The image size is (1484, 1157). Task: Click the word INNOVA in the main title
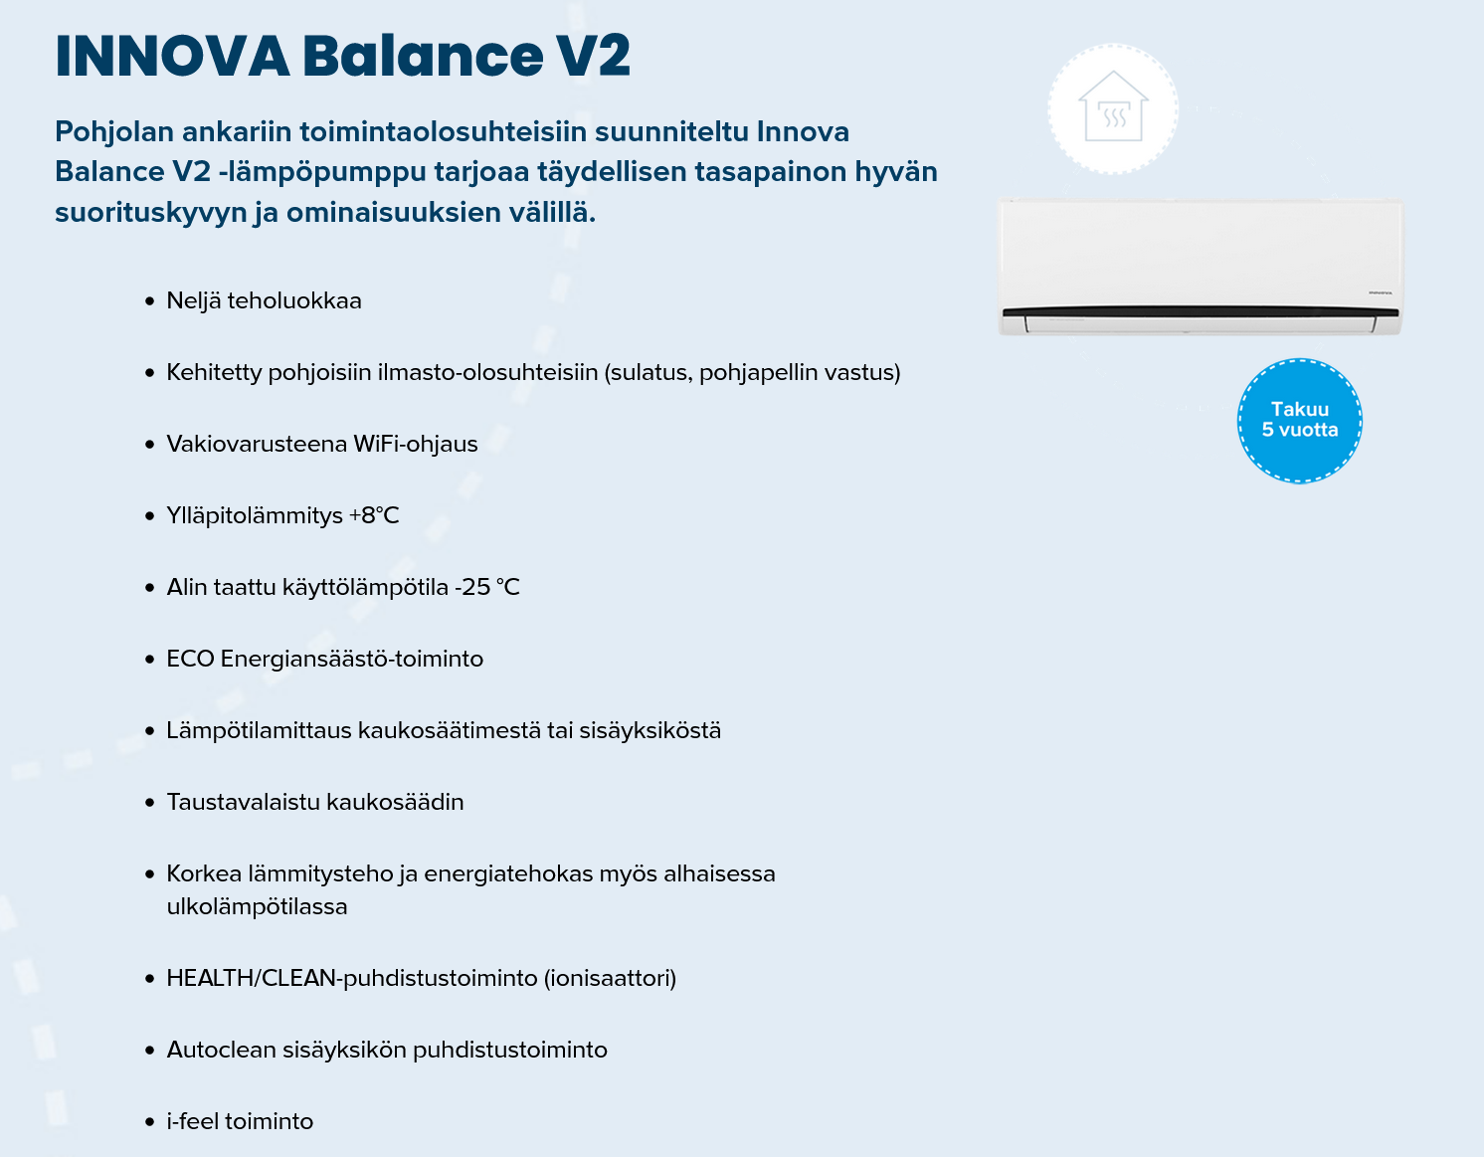coord(171,56)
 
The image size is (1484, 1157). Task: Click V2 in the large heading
coord(593,56)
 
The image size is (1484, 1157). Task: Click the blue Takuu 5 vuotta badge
coord(1299,420)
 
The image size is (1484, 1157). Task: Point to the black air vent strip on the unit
coord(1200,312)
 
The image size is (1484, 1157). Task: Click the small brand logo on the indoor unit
coord(1379,292)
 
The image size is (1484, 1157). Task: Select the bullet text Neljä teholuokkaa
coord(264,300)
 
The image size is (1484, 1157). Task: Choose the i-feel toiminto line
coord(240,1121)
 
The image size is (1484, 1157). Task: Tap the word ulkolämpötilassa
coord(257,906)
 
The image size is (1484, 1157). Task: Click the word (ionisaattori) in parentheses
coord(610,978)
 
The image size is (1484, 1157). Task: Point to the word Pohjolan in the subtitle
coord(113,131)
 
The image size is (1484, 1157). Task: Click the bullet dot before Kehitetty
coord(149,373)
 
